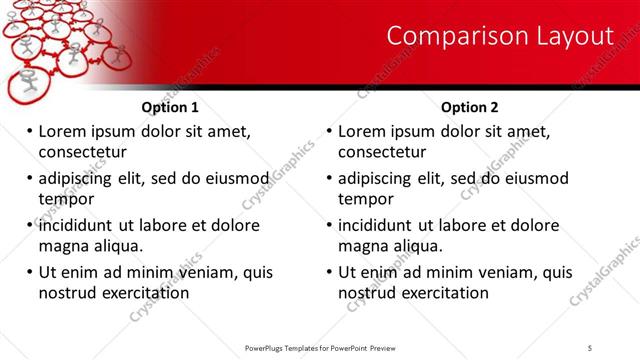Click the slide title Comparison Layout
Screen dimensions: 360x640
tap(499, 36)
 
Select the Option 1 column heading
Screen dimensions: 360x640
tap(170, 107)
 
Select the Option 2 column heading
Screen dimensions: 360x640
tap(470, 107)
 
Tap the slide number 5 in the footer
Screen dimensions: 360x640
tap(591, 348)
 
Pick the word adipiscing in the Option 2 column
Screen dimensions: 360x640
tap(377, 178)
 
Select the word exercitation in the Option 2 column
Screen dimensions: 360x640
tap(442, 293)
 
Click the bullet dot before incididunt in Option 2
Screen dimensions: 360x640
tap(328, 226)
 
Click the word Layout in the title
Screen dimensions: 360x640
tap(571, 36)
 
